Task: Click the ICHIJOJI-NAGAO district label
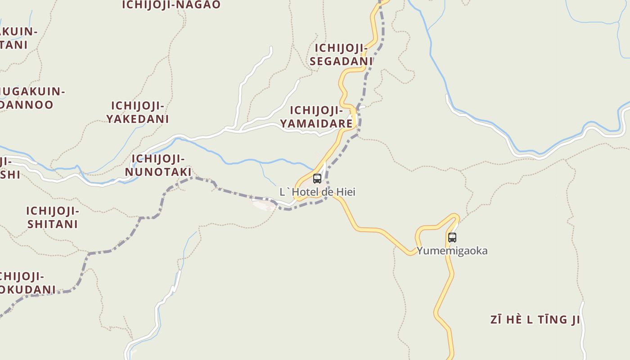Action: click(x=171, y=4)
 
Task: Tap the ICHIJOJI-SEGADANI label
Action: click(x=341, y=54)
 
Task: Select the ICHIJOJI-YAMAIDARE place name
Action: click(x=316, y=117)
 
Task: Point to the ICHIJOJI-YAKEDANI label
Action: click(x=138, y=112)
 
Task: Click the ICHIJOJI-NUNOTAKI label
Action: click(x=158, y=165)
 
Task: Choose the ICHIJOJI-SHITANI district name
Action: click(x=52, y=217)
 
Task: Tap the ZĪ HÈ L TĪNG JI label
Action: click(x=535, y=319)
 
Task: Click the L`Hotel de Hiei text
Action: click(x=317, y=192)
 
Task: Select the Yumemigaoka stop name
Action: click(x=452, y=251)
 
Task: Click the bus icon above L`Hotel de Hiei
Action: click(x=317, y=179)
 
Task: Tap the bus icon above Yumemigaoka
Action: click(x=452, y=238)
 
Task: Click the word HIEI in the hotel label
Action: click(x=346, y=192)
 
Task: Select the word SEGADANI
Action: click(x=341, y=61)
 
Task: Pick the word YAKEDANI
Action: click(x=138, y=119)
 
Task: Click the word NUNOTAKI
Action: click(x=158, y=172)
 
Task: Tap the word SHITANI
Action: click(x=52, y=224)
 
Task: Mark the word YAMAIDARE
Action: click(x=316, y=123)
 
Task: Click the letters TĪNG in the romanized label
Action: click(x=549, y=319)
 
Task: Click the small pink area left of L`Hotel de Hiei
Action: click(x=262, y=205)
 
